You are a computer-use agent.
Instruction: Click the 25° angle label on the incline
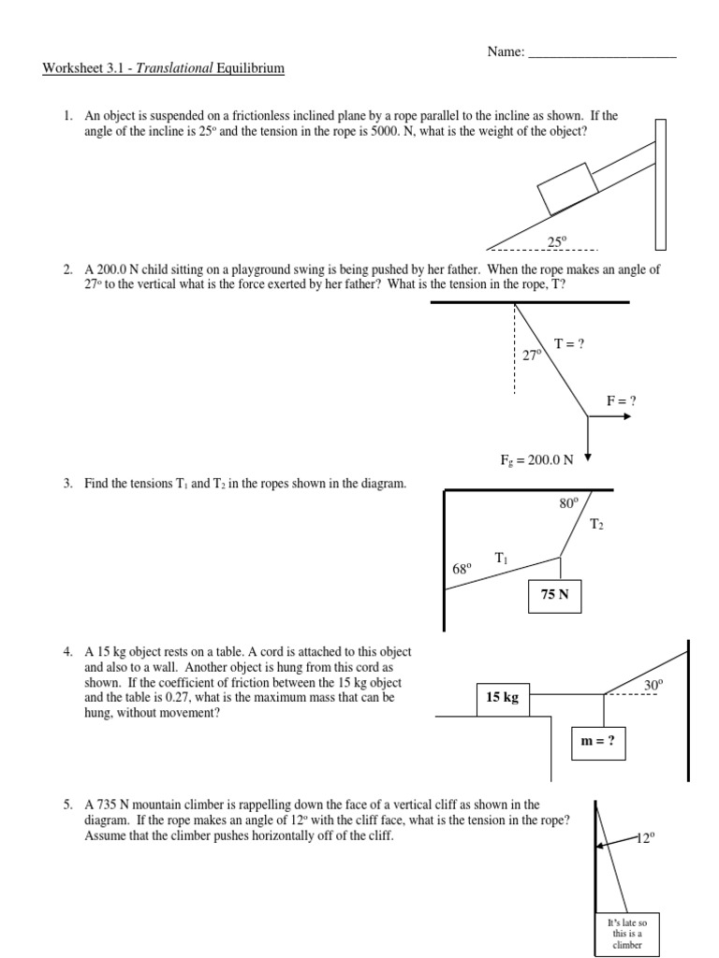(557, 241)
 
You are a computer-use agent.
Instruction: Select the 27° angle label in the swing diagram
(532, 356)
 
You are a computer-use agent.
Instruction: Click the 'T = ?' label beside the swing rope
(569, 344)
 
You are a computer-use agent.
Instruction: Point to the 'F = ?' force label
(622, 401)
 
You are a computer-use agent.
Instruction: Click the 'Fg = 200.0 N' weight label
(549, 459)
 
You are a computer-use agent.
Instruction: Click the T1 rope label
(502, 559)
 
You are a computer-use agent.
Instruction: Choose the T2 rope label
(596, 525)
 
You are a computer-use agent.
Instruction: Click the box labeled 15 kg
(502, 697)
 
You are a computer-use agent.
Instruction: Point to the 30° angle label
(653, 685)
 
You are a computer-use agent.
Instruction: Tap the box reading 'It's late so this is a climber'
(628, 933)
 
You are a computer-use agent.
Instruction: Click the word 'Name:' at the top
(506, 52)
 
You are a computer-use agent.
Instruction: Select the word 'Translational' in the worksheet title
(176, 68)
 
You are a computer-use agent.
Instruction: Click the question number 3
(67, 483)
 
